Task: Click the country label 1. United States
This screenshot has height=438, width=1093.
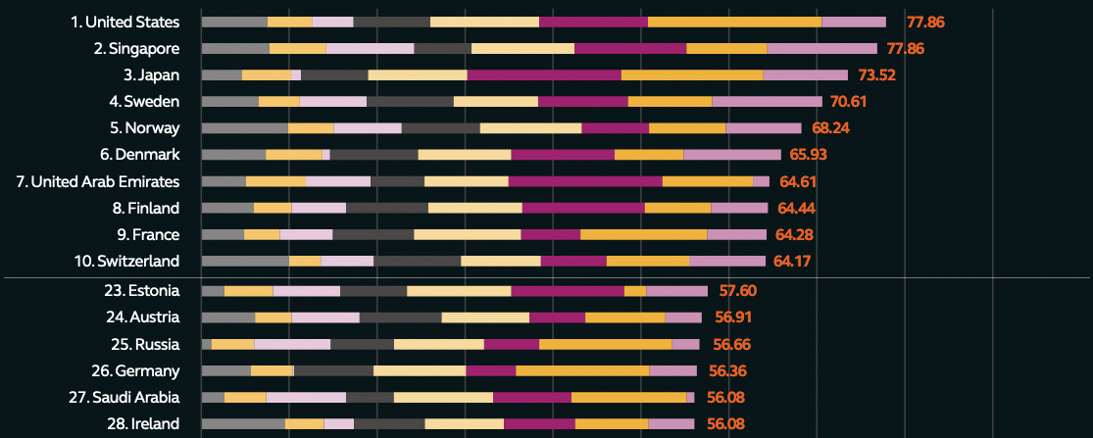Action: [125, 22]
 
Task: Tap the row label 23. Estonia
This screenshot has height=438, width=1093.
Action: [143, 291]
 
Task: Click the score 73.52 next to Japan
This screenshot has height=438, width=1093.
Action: [876, 74]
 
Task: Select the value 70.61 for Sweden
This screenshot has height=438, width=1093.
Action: [849, 101]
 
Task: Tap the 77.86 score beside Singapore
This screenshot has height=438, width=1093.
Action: [906, 48]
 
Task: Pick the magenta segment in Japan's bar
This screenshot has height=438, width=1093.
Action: [544, 74]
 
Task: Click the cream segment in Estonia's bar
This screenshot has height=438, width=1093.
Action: [459, 291]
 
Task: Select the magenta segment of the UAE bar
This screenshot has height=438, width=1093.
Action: [585, 181]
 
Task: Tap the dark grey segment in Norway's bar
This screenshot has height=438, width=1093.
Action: [440, 127]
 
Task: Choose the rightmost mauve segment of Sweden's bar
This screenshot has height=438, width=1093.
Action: [767, 101]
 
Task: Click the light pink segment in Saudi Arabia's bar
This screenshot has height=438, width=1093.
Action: [306, 397]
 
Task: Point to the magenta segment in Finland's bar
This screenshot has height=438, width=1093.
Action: [583, 208]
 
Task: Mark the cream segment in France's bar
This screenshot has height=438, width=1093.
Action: [467, 234]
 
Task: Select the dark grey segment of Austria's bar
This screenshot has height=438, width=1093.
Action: [400, 317]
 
